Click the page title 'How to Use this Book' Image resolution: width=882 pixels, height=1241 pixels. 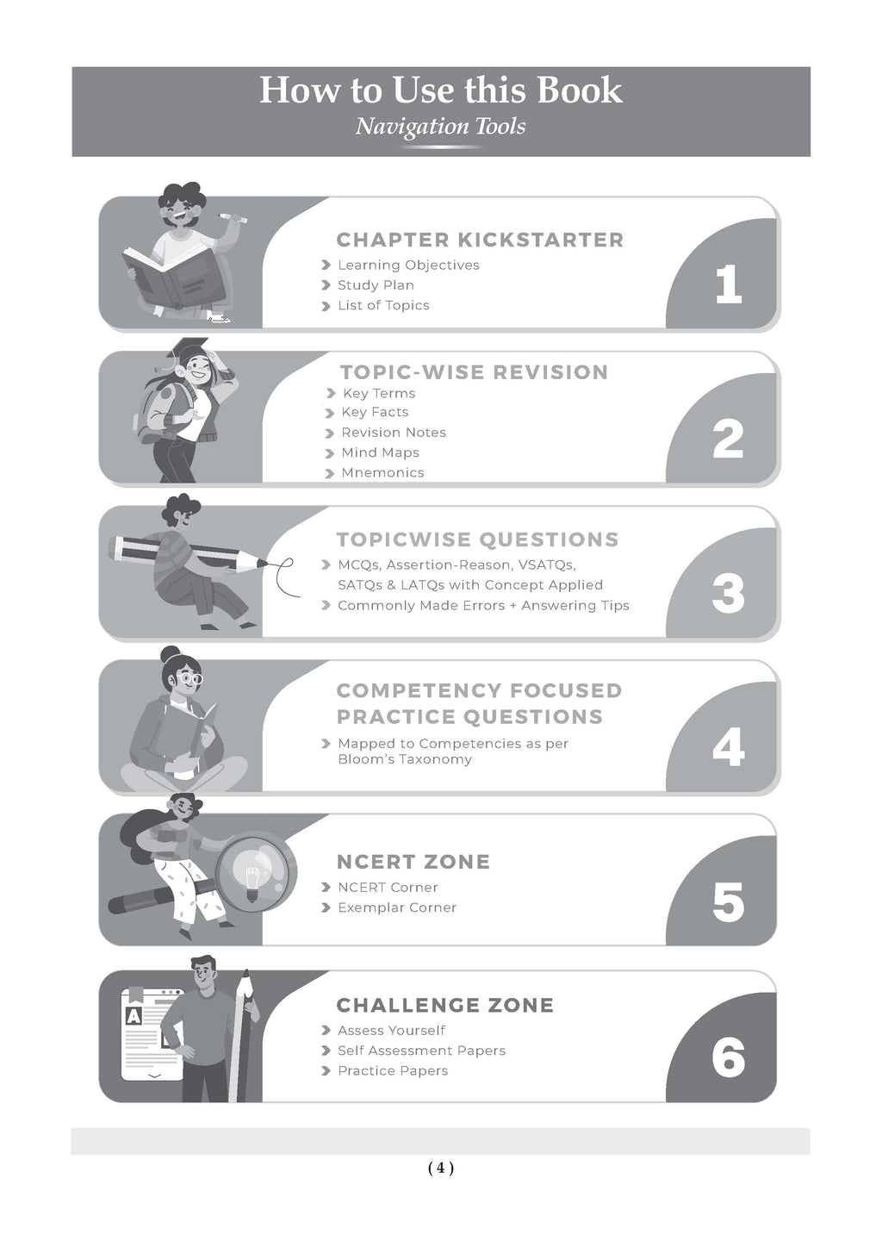coord(441,90)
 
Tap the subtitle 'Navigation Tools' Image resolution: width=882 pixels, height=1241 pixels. coord(441,127)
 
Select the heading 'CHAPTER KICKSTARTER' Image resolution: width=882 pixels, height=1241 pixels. coord(480,240)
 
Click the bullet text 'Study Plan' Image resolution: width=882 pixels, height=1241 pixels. coord(376,285)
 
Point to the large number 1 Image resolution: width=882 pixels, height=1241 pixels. coord(728,284)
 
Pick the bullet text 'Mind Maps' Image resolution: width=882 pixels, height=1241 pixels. coord(381,452)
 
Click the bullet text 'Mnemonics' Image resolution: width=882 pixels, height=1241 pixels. coord(382,472)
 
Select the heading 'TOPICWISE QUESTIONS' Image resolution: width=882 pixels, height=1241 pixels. coord(477,539)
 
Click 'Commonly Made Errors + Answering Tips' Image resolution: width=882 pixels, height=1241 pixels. coord(483,606)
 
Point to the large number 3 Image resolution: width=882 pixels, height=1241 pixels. coord(728,593)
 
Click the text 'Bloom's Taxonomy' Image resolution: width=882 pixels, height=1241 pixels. coord(405,759)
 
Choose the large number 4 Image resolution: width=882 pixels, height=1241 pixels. coord(729,747)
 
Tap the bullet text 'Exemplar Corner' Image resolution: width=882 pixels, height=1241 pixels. coord(397,907)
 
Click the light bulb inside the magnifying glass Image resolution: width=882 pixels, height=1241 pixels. coord(252,878)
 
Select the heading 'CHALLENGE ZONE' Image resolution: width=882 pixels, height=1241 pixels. coord(445,1005)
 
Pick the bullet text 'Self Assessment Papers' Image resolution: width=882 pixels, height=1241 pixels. coord(422,1051)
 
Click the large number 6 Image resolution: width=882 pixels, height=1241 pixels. coord(728,1057)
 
